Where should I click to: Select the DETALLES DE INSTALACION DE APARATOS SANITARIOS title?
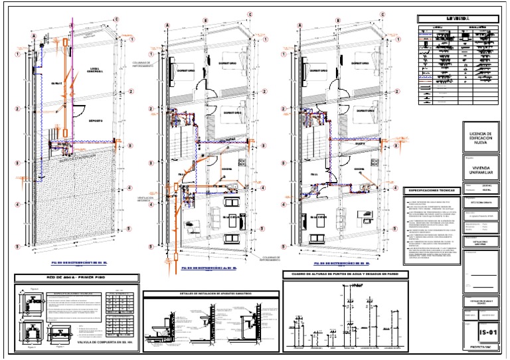[x=211, y=293]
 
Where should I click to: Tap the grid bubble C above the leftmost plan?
[x=117, y=19]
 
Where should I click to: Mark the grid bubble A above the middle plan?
[x=167, y=25]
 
